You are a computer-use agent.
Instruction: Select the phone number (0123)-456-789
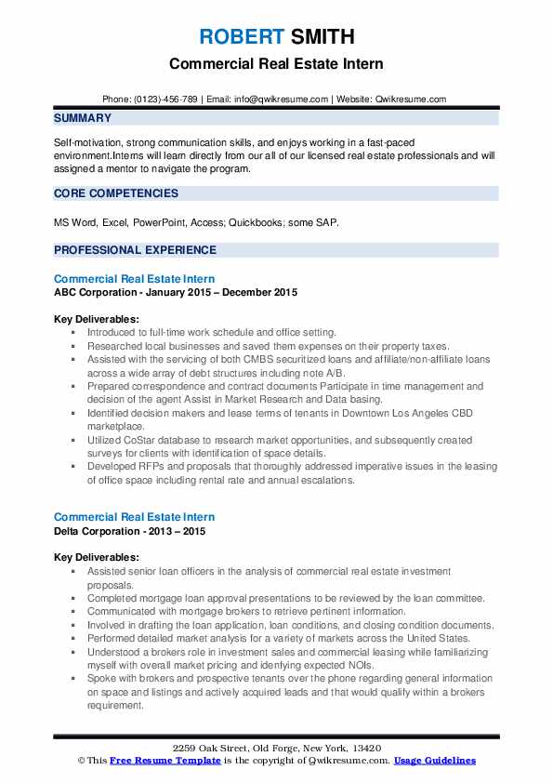point(163,99)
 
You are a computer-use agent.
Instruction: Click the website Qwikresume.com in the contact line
point(412,99)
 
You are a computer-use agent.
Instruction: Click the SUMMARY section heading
point(83,118)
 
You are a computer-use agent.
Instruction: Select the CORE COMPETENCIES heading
point(116,193)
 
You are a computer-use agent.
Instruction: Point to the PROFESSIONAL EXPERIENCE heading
point(135,250)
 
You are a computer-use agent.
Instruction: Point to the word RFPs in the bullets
point(156,465)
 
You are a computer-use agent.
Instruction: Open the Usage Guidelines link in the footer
point(434,761)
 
